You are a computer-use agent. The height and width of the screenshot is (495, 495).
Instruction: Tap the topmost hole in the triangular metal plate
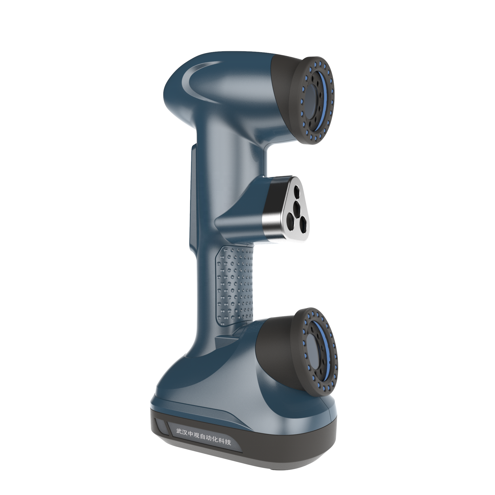click(x=297, y=190)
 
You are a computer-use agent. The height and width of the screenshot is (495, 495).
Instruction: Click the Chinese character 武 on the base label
click(x=179, y=431)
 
